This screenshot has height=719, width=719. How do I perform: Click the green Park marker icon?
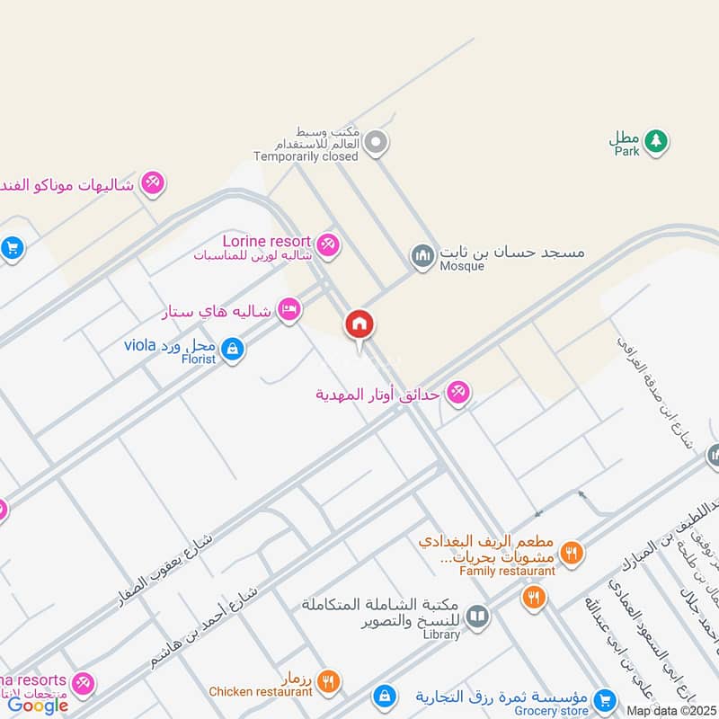657,140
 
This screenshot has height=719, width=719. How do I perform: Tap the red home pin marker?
359,324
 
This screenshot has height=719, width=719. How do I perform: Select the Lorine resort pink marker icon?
328,244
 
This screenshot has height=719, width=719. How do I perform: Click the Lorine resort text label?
268,241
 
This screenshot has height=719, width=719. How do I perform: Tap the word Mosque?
462,266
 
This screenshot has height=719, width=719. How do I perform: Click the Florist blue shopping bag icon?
232,348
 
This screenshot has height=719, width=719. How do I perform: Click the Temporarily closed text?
306,156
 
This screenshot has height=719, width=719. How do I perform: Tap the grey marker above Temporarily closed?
378,142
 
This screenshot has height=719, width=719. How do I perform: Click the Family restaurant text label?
507,571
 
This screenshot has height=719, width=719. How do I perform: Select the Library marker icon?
477,616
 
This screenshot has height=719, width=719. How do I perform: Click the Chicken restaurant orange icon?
328,681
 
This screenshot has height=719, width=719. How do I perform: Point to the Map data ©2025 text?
670,711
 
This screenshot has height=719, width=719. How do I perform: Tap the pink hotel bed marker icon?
288,309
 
